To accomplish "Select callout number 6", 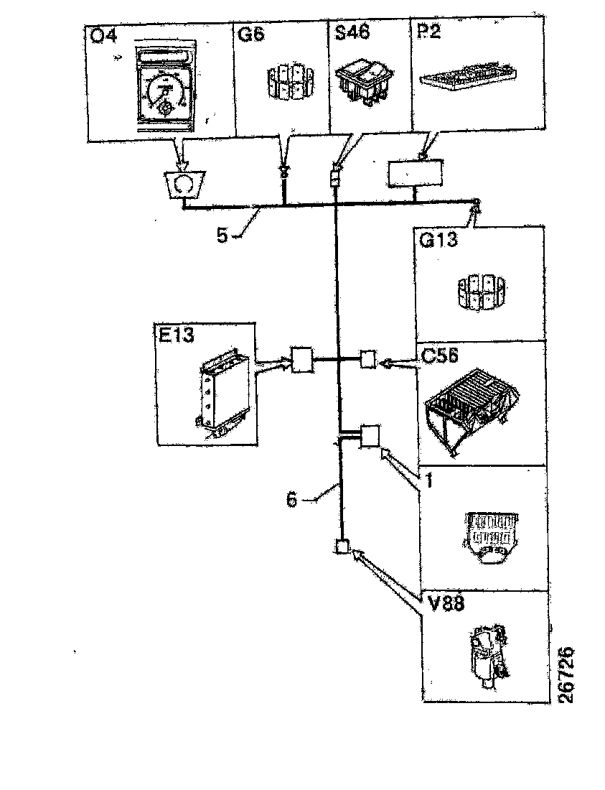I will [x=291, y=499].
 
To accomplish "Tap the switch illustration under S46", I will [x=364, y=78].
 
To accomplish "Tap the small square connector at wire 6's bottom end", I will [x=342, y=547].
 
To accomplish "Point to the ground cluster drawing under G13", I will [x=477, y=292].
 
